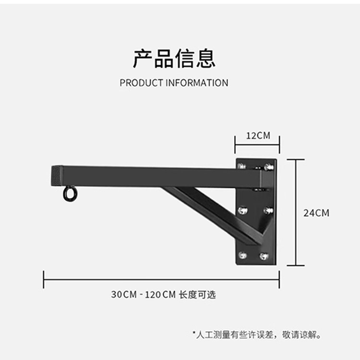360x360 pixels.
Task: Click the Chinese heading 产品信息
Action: (174, 58)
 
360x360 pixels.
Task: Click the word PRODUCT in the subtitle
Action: (141, 83)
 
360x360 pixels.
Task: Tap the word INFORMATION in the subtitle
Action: (197, 83)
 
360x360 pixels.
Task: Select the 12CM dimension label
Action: (258, 136)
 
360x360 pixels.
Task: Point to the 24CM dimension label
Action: (316, 213)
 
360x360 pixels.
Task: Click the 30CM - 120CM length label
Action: (144, 295)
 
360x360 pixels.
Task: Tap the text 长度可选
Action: (197, 295)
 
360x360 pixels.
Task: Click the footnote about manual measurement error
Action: (257, 334)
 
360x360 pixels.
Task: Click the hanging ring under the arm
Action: (70, 194)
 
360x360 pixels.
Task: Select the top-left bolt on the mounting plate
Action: (241, 166)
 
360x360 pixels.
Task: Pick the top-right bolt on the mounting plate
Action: (268, 167)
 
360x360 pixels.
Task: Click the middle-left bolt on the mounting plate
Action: (243, 210)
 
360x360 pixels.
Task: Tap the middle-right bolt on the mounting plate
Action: (267, 210)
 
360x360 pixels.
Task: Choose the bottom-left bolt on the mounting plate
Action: (243, 255)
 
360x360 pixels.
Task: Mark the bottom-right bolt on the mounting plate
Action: (264, 256)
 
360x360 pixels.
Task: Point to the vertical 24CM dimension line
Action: (296, 213)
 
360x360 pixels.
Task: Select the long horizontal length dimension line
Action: (161, 279)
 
